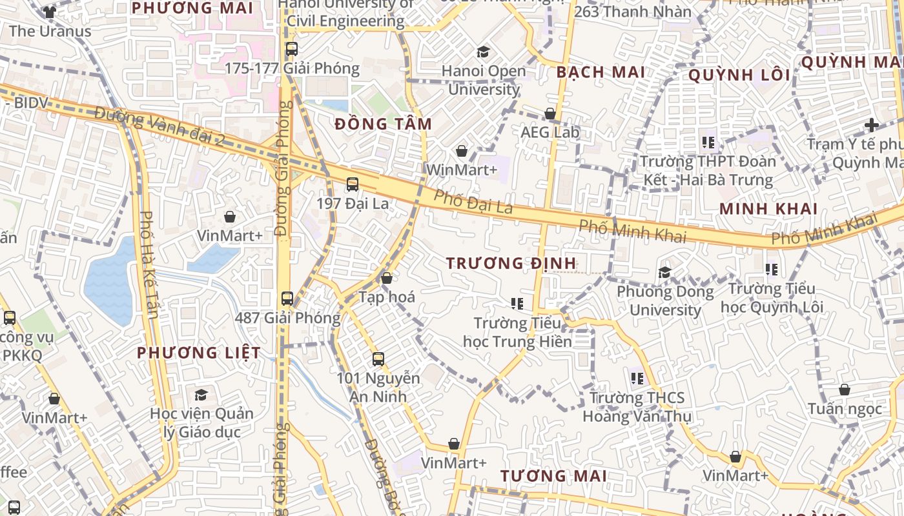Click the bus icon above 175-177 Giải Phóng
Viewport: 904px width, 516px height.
(x=291, y=48)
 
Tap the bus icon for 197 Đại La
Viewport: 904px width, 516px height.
(x=352, y=184)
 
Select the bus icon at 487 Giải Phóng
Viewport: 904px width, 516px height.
(x=287, y=299)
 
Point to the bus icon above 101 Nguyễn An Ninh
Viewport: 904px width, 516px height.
(x=378, y=359)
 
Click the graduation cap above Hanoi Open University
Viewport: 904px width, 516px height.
(x=483, y=52)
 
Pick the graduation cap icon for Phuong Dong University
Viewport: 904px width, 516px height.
(x=664, y=273)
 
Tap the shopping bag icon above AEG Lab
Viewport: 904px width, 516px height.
(x=550, y=114)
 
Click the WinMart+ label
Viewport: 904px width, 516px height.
(x=462, y=170)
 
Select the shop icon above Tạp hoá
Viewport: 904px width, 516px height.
(x=386, y=279)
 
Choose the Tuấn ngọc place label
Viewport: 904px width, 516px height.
(x=845, y=408)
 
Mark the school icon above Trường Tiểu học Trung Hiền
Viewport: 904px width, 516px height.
(x=517, y=303)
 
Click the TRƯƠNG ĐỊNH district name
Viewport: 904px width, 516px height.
(x=511, y=263)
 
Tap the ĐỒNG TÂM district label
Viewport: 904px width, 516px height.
(x=384, y=124)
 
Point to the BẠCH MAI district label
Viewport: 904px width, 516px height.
(x=601, y=72)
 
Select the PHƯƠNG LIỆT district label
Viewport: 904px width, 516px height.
(x=199, y=353)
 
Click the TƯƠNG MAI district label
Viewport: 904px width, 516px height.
(x=553, y=477)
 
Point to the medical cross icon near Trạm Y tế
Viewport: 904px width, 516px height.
(x=872, y=124)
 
